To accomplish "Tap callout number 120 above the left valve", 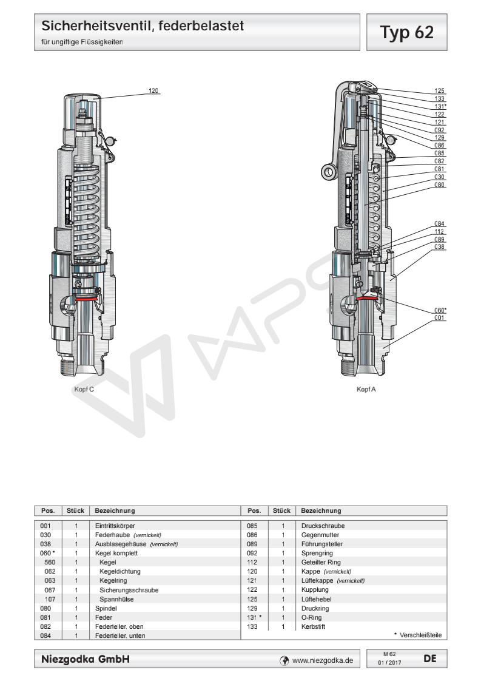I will point(153,90).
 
